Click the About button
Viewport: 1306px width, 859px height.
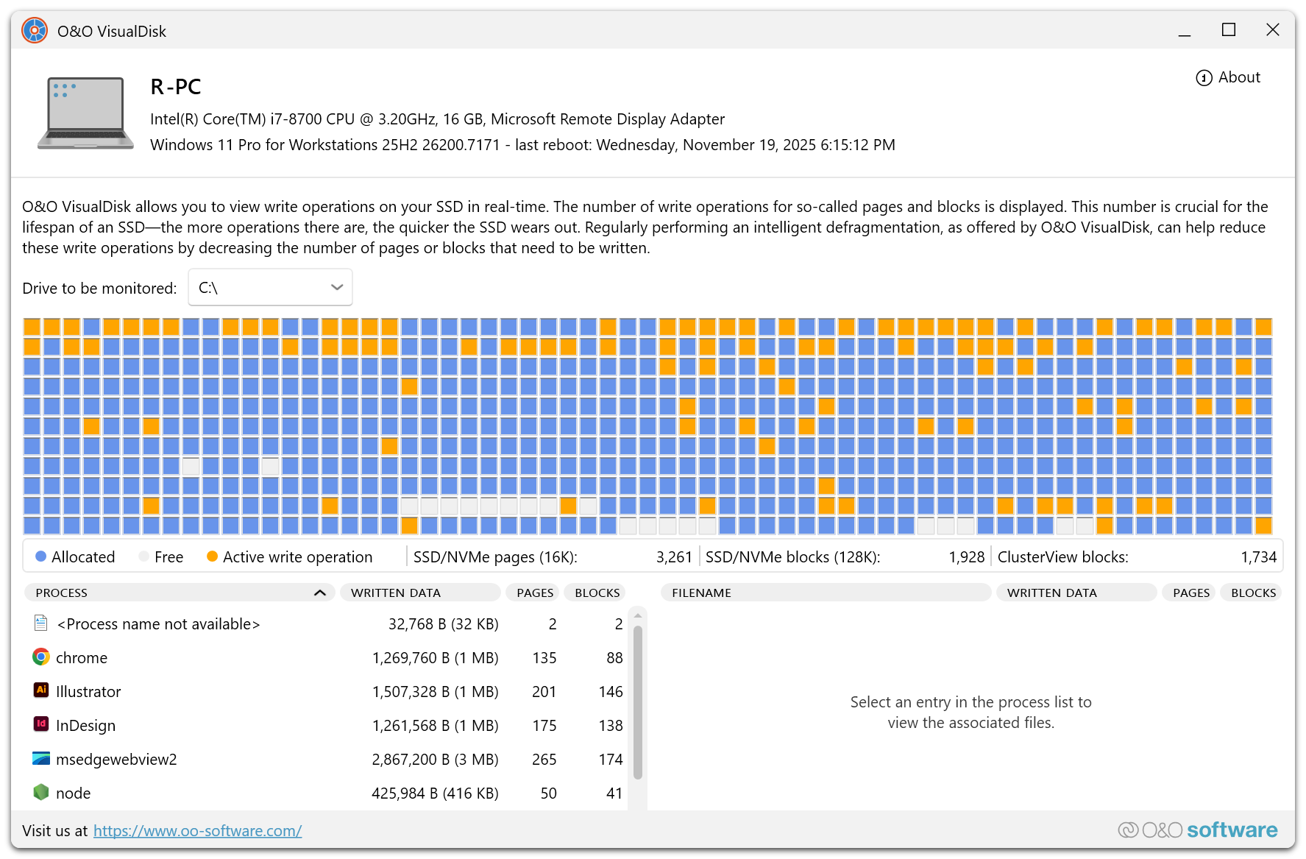pos(1229,77)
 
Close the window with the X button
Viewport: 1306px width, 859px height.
pos(1272,30)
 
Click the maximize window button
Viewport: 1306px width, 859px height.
pos(1228,30)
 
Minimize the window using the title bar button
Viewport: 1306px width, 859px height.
pos(1184,30)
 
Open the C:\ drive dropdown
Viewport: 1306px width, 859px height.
pos(270,287)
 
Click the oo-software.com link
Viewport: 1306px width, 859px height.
pos(197,831)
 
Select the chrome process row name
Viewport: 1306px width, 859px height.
pos(82,658)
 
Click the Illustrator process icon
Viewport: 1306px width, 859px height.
pos(41,690)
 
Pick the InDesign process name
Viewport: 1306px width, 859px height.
pos(85,726)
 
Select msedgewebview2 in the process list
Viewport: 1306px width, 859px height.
pos(116,760)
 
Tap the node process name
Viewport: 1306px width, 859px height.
pos(74,793)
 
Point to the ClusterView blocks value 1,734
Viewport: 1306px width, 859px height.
pos(1258,557)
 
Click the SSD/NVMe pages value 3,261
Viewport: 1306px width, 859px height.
pos(674,557)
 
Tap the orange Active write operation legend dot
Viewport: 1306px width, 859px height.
pos(212,556)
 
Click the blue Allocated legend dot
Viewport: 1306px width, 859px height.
pos(41,556)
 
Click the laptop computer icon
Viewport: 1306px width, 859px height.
pos(85,112)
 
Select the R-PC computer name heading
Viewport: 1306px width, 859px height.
pos(175,87)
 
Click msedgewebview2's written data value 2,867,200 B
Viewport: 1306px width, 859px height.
pos(435,760)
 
